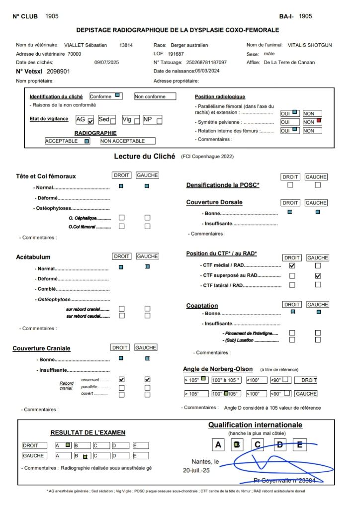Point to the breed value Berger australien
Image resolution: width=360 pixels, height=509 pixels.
point(189,45)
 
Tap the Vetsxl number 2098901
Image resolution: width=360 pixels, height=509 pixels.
point(55,72)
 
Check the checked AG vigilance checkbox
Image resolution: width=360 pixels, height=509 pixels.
point(90,121)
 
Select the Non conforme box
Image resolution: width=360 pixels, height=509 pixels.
point(155,96)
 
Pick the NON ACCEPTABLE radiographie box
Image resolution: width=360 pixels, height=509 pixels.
point(127,141)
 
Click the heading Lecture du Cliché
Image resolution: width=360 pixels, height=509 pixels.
point(145,156)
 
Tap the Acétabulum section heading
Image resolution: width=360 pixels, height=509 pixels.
point(33,257)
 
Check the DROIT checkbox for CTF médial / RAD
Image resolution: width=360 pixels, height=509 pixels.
point(292,266)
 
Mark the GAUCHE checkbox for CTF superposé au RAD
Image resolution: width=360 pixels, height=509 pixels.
point(318,275)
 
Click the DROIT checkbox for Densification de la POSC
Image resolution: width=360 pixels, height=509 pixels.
point(290,185)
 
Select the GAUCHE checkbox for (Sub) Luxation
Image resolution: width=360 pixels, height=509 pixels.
point(318,340)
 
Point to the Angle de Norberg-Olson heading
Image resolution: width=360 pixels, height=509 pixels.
point(218,369)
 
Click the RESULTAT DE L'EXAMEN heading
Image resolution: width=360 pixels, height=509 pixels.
point(88,432)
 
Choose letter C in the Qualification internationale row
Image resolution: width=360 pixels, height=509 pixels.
point(257,445)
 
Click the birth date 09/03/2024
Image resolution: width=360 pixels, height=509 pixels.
point(200,72)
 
